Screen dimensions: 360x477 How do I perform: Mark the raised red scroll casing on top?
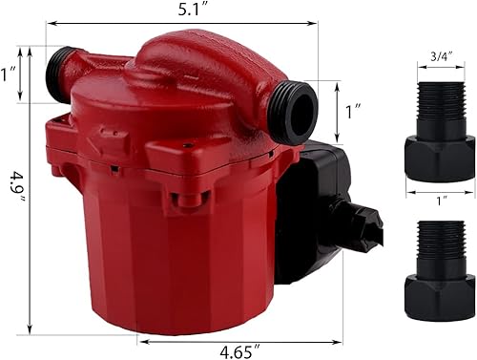click(205, 67)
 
